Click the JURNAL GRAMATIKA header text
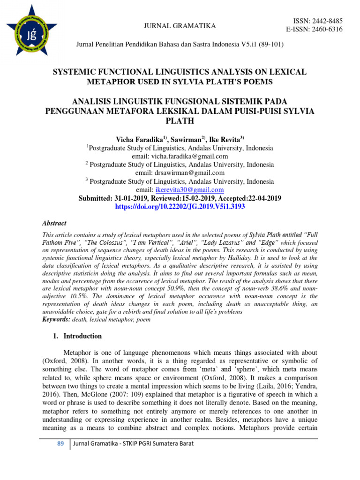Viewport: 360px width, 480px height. (x=180, y=26)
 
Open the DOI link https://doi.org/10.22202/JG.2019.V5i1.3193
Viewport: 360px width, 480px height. (x=180, y=207)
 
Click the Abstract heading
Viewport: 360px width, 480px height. (x=54, y=224)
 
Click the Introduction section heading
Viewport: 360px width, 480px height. (x=82, y=336)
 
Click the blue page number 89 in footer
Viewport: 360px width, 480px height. (x=60, y=443)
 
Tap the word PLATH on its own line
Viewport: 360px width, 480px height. (x=180, y=120)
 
